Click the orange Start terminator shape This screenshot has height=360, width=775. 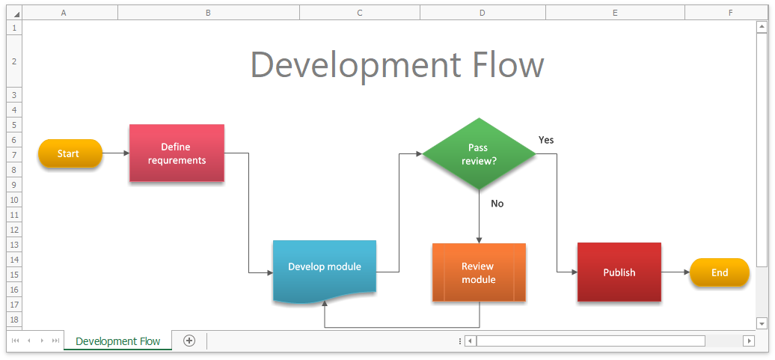pos(70,153)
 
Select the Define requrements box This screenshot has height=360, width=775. pos(177,153)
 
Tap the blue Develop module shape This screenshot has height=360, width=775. pos(325,270)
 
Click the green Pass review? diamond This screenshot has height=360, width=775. pos(479,153)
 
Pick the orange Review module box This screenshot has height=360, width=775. pos(479,272)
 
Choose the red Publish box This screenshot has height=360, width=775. pos(619,272)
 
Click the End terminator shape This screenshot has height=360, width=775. pos(720,272)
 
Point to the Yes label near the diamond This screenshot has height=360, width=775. pos(546,140)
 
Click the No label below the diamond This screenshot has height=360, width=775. pos(497,204)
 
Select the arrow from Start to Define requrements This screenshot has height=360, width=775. pos(116,153)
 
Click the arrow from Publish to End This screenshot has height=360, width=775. pos(676,272)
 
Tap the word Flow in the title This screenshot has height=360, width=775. pos(503,65)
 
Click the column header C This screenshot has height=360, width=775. pos(360,13)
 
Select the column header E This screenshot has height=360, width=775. pos(616,13)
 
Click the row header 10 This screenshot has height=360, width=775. pos(14,200)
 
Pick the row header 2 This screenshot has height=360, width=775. pos(14,61)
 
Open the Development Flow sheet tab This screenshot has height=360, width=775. pos(118,341)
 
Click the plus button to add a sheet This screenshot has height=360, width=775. pos(189,341)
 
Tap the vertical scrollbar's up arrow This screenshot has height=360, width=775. pos(762,28)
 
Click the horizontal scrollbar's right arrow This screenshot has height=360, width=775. pos(750,341)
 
